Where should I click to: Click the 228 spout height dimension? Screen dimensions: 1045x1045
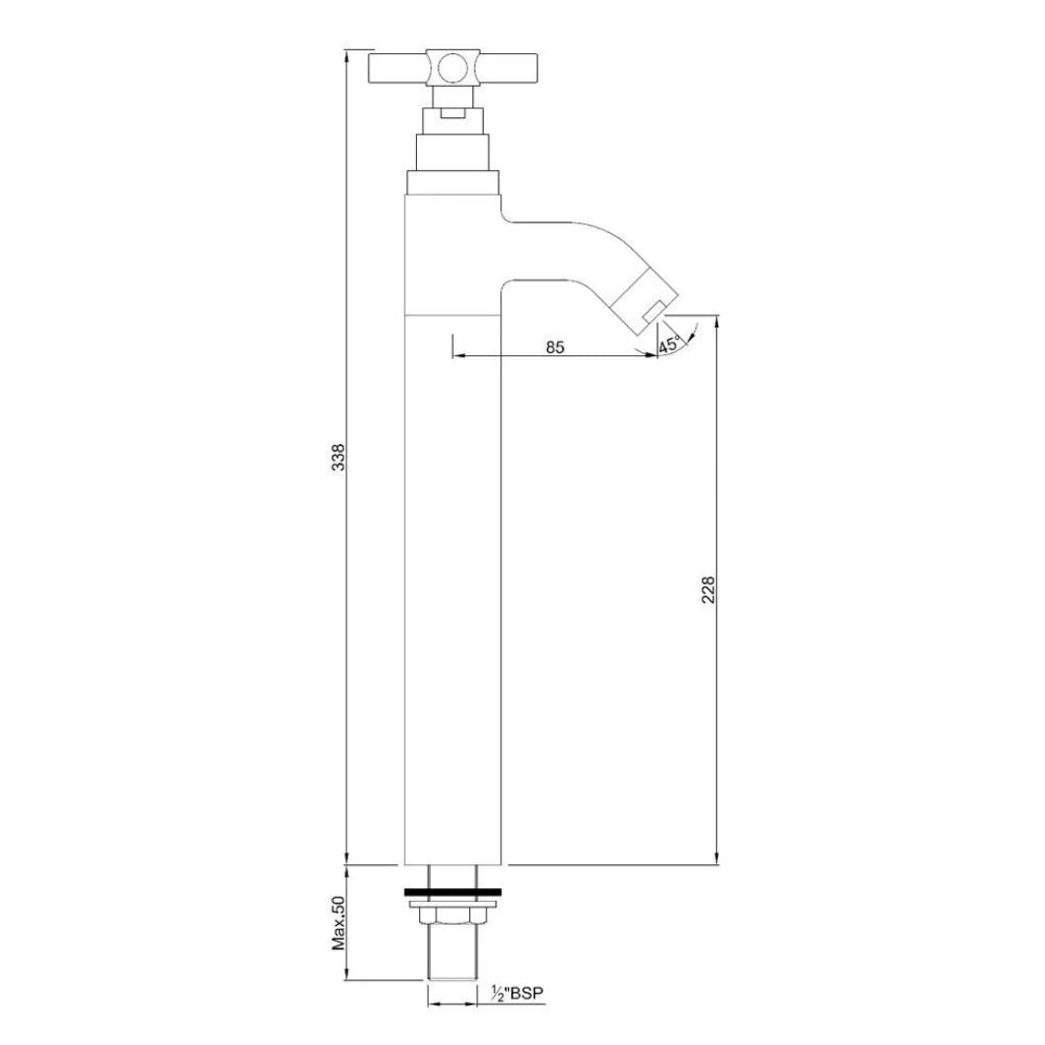click(x=707, y=589)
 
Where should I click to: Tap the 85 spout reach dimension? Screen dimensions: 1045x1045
click(x=554, y=347)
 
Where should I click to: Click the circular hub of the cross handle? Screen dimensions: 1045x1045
click(x=451, y=68)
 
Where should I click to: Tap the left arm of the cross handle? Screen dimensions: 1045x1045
click(x=401, y=69)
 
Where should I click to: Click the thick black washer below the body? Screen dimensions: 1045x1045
click(x=453, y=889)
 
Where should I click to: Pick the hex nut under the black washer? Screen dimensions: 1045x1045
click(x=453, y=917)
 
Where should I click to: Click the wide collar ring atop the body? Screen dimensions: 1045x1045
click(x=453, y=181)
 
